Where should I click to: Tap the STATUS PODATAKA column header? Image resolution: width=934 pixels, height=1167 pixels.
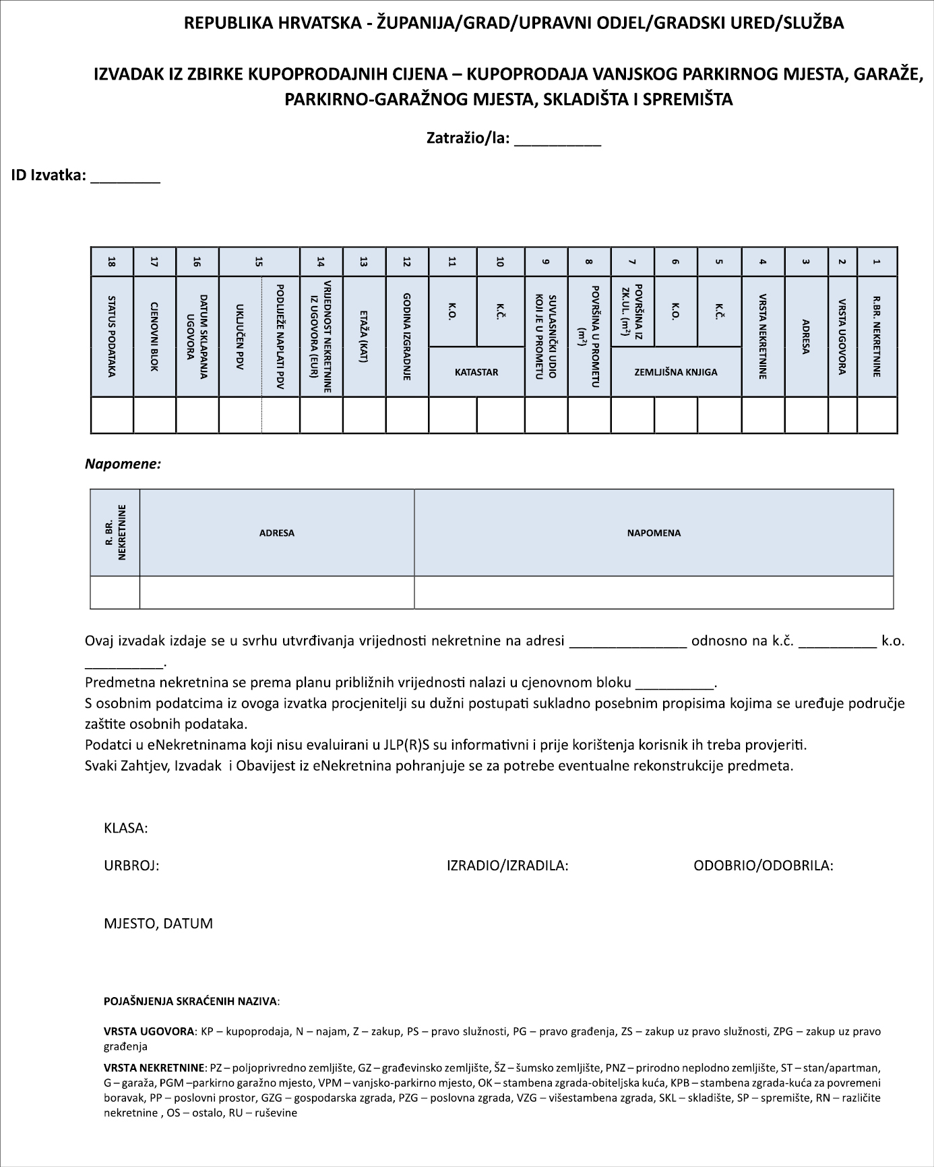coord(112,336)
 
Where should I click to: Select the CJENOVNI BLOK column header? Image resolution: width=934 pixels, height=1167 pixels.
coord(154,336)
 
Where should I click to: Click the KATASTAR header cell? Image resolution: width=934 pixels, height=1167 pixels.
coord(476,371)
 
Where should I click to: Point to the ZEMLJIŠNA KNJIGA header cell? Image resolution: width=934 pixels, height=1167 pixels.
coord(676,371)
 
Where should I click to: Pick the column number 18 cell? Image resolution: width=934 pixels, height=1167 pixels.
coord(112,262)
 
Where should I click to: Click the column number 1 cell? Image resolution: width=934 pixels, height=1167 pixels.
coord(877,262)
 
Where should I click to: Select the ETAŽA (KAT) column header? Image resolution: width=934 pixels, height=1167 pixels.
coord(364,336)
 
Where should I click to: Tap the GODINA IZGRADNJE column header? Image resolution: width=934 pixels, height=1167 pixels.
coord(407,336)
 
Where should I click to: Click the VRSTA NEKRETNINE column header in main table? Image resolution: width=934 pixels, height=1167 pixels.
coord(763,336)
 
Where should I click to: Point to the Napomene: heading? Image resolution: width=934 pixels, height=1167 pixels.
coord(123,464)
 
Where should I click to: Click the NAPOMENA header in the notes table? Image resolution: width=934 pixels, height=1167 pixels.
coord(654,533)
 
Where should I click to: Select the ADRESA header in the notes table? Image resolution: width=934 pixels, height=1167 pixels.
coord(277,533)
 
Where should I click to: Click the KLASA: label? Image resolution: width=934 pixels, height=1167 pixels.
coord(126,828)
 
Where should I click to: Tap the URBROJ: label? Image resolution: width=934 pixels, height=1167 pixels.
coord(131,866)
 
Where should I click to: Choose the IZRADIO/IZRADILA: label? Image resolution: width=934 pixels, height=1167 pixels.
coord(507,866)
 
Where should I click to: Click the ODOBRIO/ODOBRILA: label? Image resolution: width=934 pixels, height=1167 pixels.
coord(764,866)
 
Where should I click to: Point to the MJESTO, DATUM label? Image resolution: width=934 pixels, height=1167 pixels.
coord(158,924)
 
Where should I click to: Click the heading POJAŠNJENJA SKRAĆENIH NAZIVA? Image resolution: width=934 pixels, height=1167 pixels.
coord(191,1001)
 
